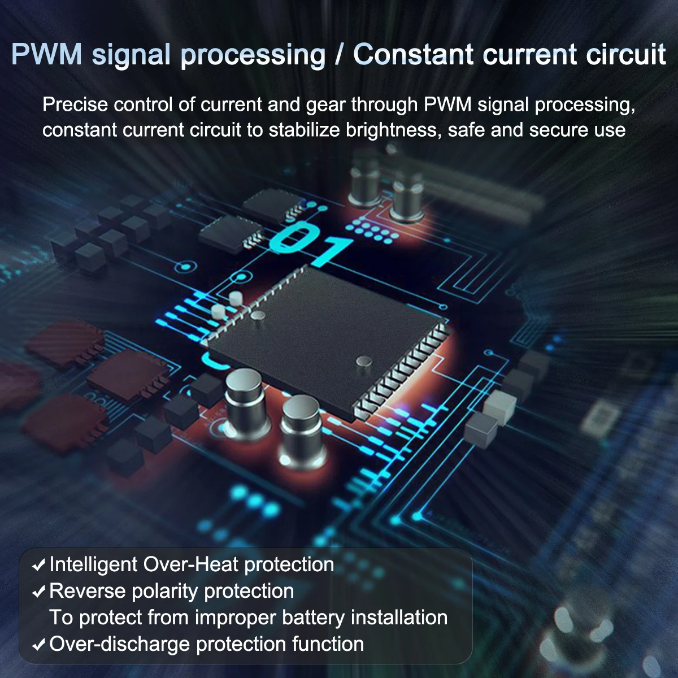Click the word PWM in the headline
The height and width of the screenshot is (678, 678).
pos(47,55)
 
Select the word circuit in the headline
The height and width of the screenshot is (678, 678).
pos(626,55)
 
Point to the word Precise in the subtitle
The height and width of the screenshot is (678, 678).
pos(75,105)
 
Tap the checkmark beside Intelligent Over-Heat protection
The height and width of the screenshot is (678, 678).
pos(39,565)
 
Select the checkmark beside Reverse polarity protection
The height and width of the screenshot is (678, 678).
pos(39,592)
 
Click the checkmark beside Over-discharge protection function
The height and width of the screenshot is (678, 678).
pos(39,645)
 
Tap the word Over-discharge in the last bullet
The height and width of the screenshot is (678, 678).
pos(120,644)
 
